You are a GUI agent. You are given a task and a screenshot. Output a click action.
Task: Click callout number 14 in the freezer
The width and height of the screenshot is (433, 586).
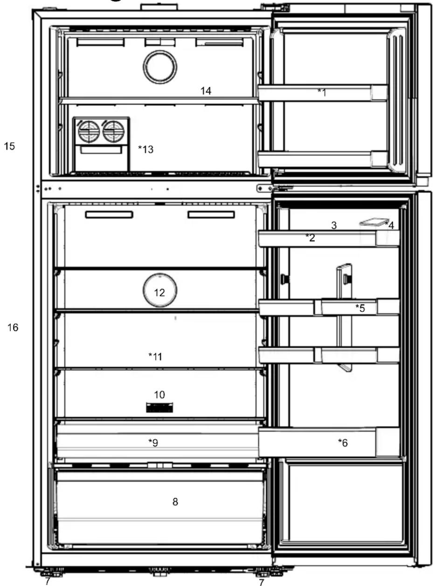click(206, 91)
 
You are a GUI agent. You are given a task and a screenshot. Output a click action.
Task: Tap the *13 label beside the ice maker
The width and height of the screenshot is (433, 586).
click(145, 149)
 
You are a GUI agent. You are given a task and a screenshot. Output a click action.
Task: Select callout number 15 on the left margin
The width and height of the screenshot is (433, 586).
click(9, 146)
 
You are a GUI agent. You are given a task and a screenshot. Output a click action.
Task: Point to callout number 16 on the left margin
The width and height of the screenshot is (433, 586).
click(13, 328)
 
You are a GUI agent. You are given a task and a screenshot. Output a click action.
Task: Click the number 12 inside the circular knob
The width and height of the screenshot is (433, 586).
click(159, 292)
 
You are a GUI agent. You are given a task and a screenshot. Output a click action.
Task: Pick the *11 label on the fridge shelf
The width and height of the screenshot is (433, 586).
click(155, 357)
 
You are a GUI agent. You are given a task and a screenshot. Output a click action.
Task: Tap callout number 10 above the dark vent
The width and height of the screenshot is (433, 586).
click(159, 395)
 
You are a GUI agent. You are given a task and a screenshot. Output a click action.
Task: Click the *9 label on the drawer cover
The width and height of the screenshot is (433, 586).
click(153, 442)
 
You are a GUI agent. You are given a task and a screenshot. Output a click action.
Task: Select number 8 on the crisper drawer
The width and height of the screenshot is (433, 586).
click(175, 502)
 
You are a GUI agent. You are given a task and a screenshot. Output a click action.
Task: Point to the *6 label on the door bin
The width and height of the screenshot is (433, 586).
click(343, 443)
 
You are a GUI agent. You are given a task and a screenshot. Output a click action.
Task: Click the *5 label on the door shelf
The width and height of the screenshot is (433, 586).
click(360, 308)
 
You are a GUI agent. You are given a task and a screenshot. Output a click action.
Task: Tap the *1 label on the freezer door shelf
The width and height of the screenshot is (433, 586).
click(322, 92)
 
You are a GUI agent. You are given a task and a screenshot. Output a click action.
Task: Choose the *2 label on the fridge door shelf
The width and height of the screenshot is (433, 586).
click(310, 237)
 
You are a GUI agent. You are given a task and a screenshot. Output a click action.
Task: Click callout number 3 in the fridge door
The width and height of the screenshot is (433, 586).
click(334, 225)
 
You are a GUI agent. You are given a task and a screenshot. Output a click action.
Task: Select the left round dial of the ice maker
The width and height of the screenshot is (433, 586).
click(89, 131)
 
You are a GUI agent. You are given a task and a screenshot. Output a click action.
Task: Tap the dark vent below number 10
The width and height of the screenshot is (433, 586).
click(159, 407)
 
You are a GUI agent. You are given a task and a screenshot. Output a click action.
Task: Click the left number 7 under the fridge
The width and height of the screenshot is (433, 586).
click(47, 581)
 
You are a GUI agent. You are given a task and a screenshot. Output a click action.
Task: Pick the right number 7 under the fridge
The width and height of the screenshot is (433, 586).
click(261, 582)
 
